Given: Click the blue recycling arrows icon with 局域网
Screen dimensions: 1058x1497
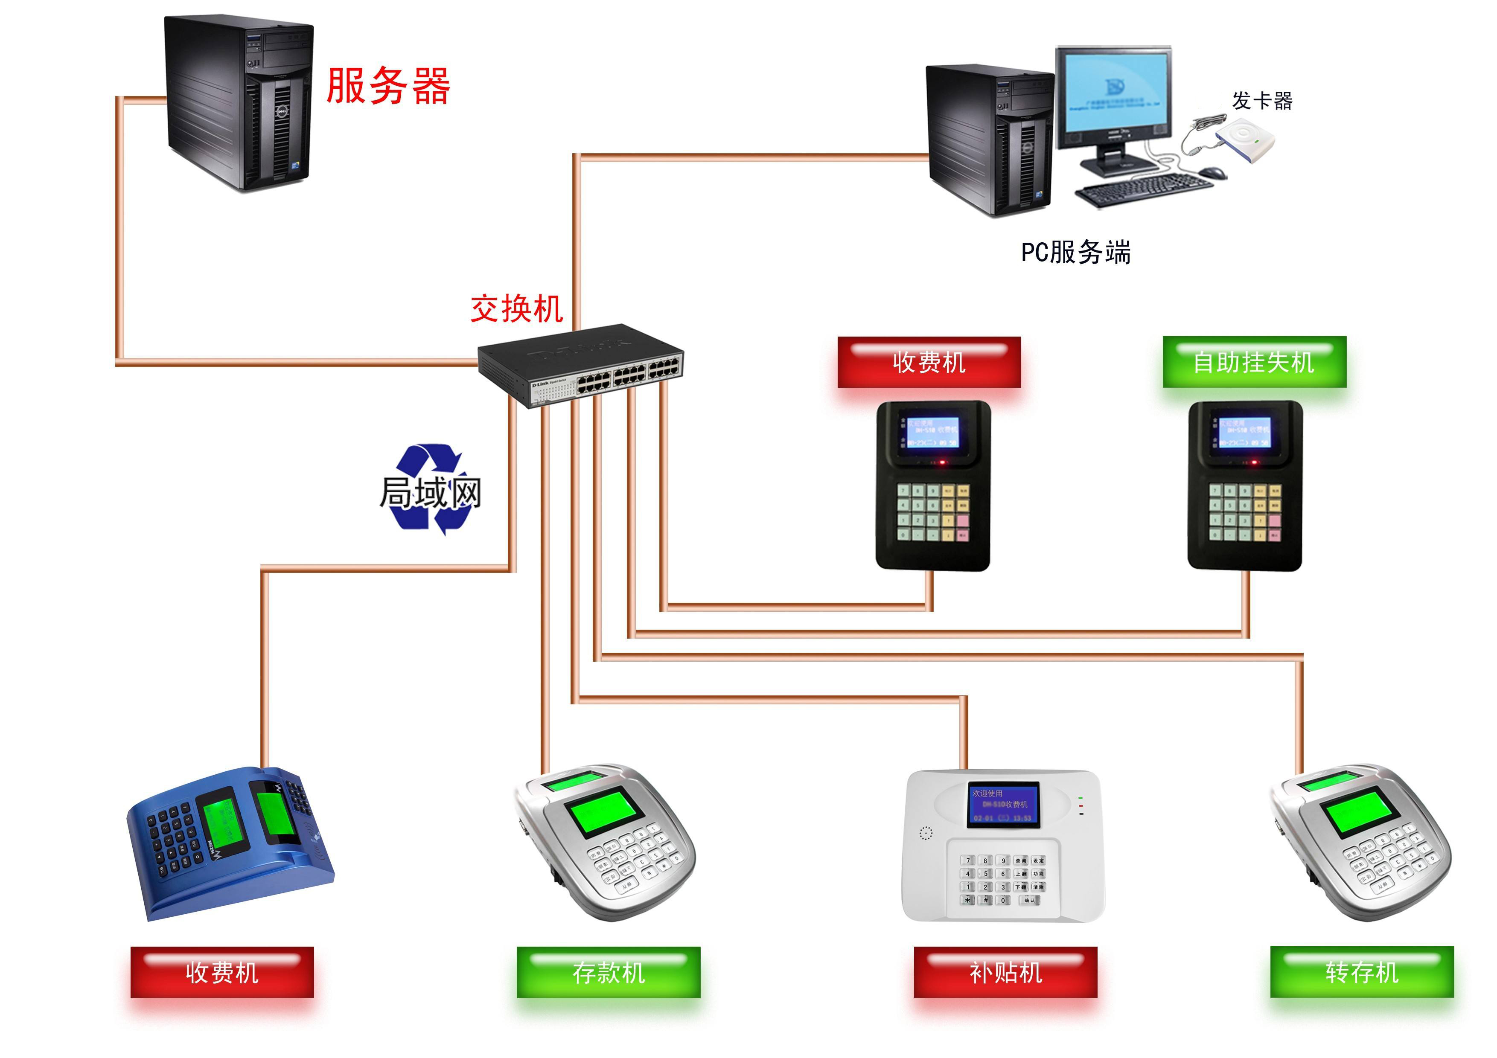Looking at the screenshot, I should [x=430, y=490].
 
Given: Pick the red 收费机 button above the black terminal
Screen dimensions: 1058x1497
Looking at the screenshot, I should [x=929, y=363].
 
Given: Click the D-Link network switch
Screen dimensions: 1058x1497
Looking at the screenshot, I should [x=580, y=365].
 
